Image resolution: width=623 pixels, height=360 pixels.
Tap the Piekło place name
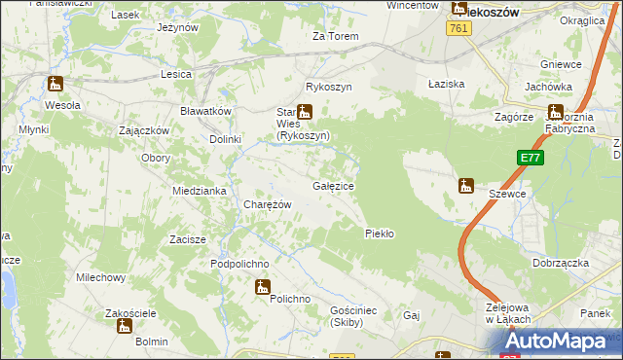379,234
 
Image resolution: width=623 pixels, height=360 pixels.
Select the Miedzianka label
199,191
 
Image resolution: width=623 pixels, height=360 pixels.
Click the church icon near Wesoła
55,86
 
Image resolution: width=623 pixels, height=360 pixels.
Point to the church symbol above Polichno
262,286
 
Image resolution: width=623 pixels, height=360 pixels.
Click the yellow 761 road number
460,30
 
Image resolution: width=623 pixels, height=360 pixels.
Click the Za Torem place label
336,36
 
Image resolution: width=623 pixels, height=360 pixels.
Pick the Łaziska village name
447,84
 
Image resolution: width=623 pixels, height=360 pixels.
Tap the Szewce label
507,194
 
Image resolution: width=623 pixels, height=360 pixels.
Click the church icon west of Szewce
465,185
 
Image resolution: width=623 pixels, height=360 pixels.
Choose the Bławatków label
205,111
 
